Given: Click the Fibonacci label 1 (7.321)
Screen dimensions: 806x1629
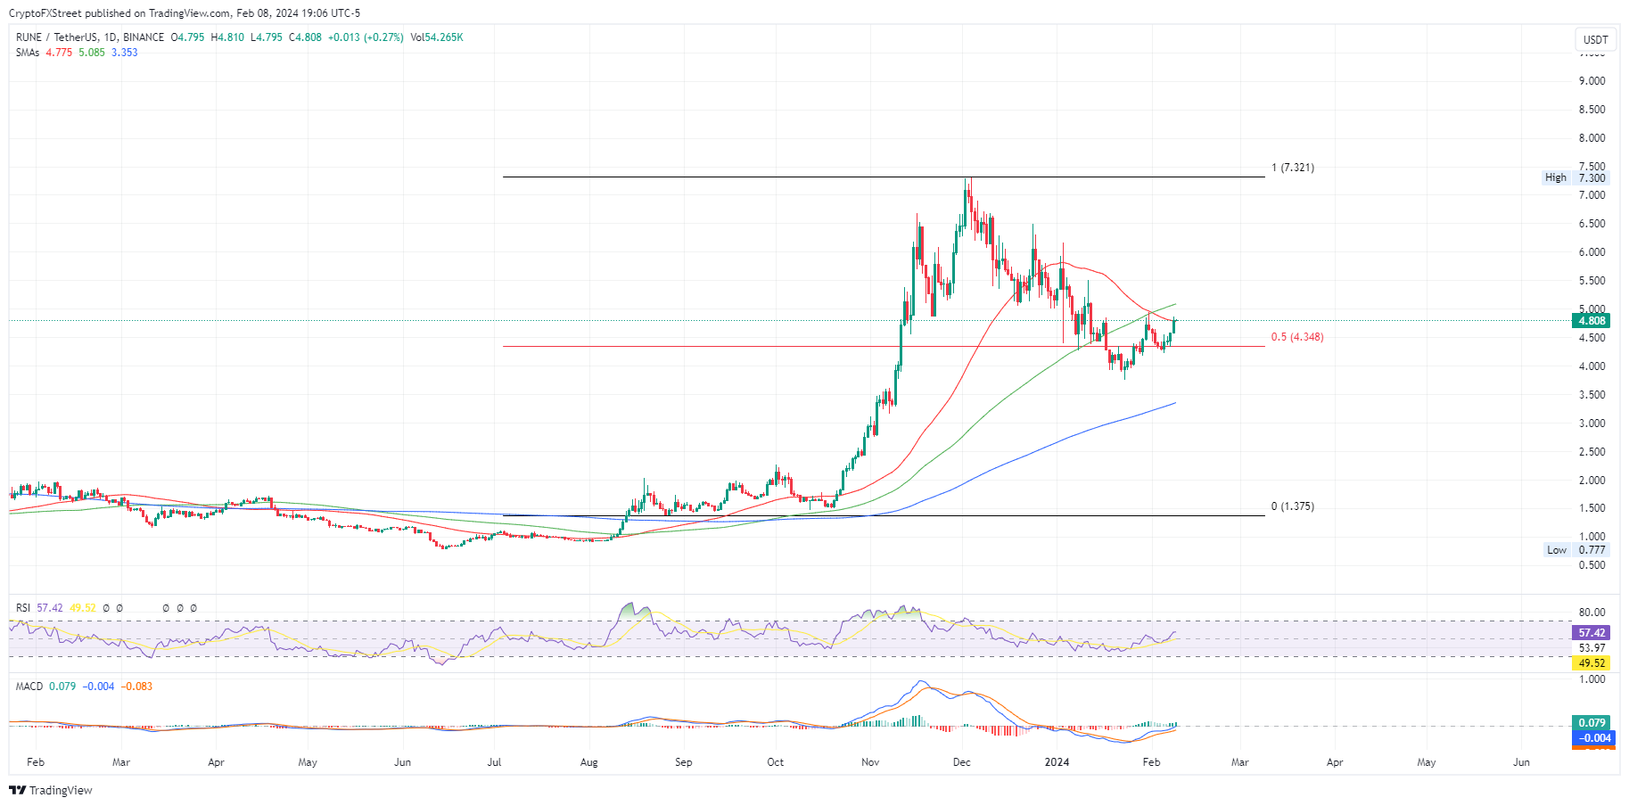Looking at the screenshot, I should tap(1292, 168).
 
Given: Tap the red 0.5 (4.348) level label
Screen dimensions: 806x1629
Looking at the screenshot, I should tap(1296, 337).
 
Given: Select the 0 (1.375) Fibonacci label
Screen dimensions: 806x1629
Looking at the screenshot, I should tap(1292, 506).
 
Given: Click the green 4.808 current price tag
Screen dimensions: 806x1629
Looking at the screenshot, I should tap(1592, 321).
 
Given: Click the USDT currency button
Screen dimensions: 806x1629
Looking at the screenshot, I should tap(1595, 39).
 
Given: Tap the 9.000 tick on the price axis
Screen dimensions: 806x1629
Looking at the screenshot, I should tap(1592, 81).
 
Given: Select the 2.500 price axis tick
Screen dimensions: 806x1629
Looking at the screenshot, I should tap(1592, 452).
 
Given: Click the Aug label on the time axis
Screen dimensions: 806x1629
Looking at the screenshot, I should tap(588, 762).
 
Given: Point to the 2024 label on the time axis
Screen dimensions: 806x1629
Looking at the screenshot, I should tap(1057, 762).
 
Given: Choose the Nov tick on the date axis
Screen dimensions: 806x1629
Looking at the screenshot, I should tap(870, 762).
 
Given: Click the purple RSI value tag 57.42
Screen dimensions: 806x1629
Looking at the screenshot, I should tap(1592, 633).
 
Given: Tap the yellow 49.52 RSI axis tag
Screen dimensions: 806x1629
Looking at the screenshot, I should tap(1592, 663).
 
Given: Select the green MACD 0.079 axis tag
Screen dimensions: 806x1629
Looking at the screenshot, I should tap(1592, 723).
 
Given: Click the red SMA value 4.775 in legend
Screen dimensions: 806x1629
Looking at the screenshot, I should tap(59, 53).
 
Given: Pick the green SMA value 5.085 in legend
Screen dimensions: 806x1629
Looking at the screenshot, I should tap(92, 53).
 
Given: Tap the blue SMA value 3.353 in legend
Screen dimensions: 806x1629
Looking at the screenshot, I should tap(125, 53).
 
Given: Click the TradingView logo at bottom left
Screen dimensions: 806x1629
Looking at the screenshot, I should tap(51, 790).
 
